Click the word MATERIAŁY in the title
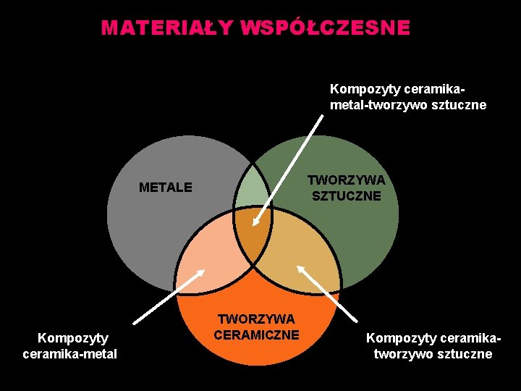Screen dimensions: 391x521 click(x=167, y=28)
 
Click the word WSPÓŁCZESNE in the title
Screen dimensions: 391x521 click(x=325, y=28)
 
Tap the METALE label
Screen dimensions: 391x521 click(x=166, y=188)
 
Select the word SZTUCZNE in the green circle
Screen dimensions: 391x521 click(x=346, y=195)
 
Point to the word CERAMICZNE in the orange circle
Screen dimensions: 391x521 click(x=257, y=335)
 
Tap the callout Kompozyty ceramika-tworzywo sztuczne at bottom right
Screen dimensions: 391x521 click(x=433, y=345)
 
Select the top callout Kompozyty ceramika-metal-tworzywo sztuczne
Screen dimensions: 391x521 click(x=407, y=97)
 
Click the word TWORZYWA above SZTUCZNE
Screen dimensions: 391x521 click(x=346, y=180)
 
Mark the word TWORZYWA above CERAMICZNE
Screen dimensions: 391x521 click(x=257, y=319)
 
